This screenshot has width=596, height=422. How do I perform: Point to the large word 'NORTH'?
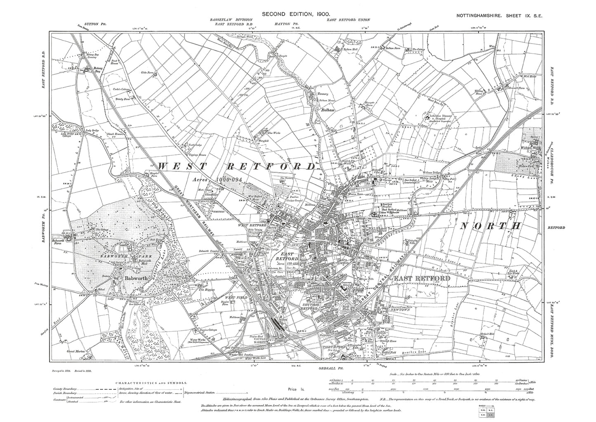[x=491, y=226]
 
